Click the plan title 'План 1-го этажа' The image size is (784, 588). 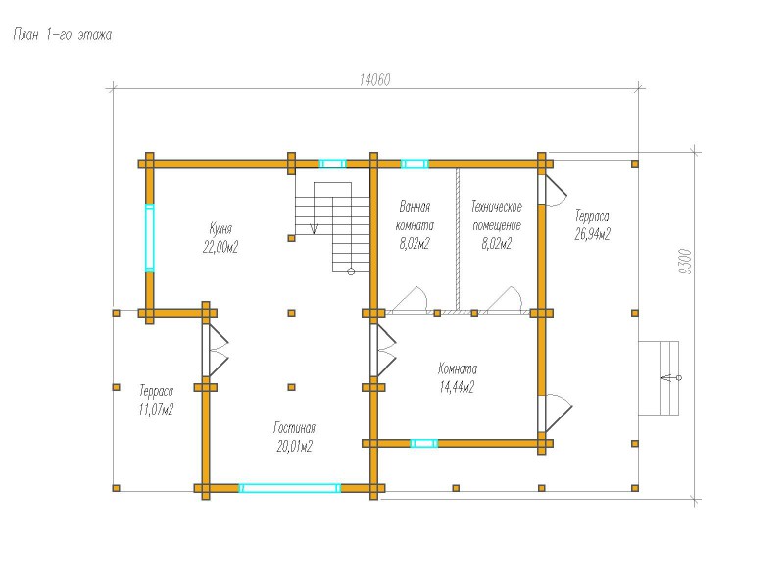click(63, 35)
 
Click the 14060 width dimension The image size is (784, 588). click(375, 80)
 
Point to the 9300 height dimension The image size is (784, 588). click(686, 262)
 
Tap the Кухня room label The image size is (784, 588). click(220, 229)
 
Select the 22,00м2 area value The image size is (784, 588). click(220, 247)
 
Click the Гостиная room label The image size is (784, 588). click(295, 428)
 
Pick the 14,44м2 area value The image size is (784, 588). click(457, 387)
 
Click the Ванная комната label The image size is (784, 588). click(415, 216)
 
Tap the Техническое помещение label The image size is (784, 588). click(497, 216)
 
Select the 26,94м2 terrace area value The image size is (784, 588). click(593, 234)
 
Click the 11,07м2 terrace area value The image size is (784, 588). click(157, 410)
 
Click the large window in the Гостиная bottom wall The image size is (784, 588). click(290, 488)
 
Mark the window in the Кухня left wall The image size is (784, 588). click(150, 238)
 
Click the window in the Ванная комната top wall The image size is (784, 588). click(415, 164)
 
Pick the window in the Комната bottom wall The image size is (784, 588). click(424, 443)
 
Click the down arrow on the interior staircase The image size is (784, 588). click(314, 228)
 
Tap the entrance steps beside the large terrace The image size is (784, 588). click(659, 378)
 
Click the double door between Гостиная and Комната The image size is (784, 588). click(383, 351)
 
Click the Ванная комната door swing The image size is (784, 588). click(410, 300)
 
